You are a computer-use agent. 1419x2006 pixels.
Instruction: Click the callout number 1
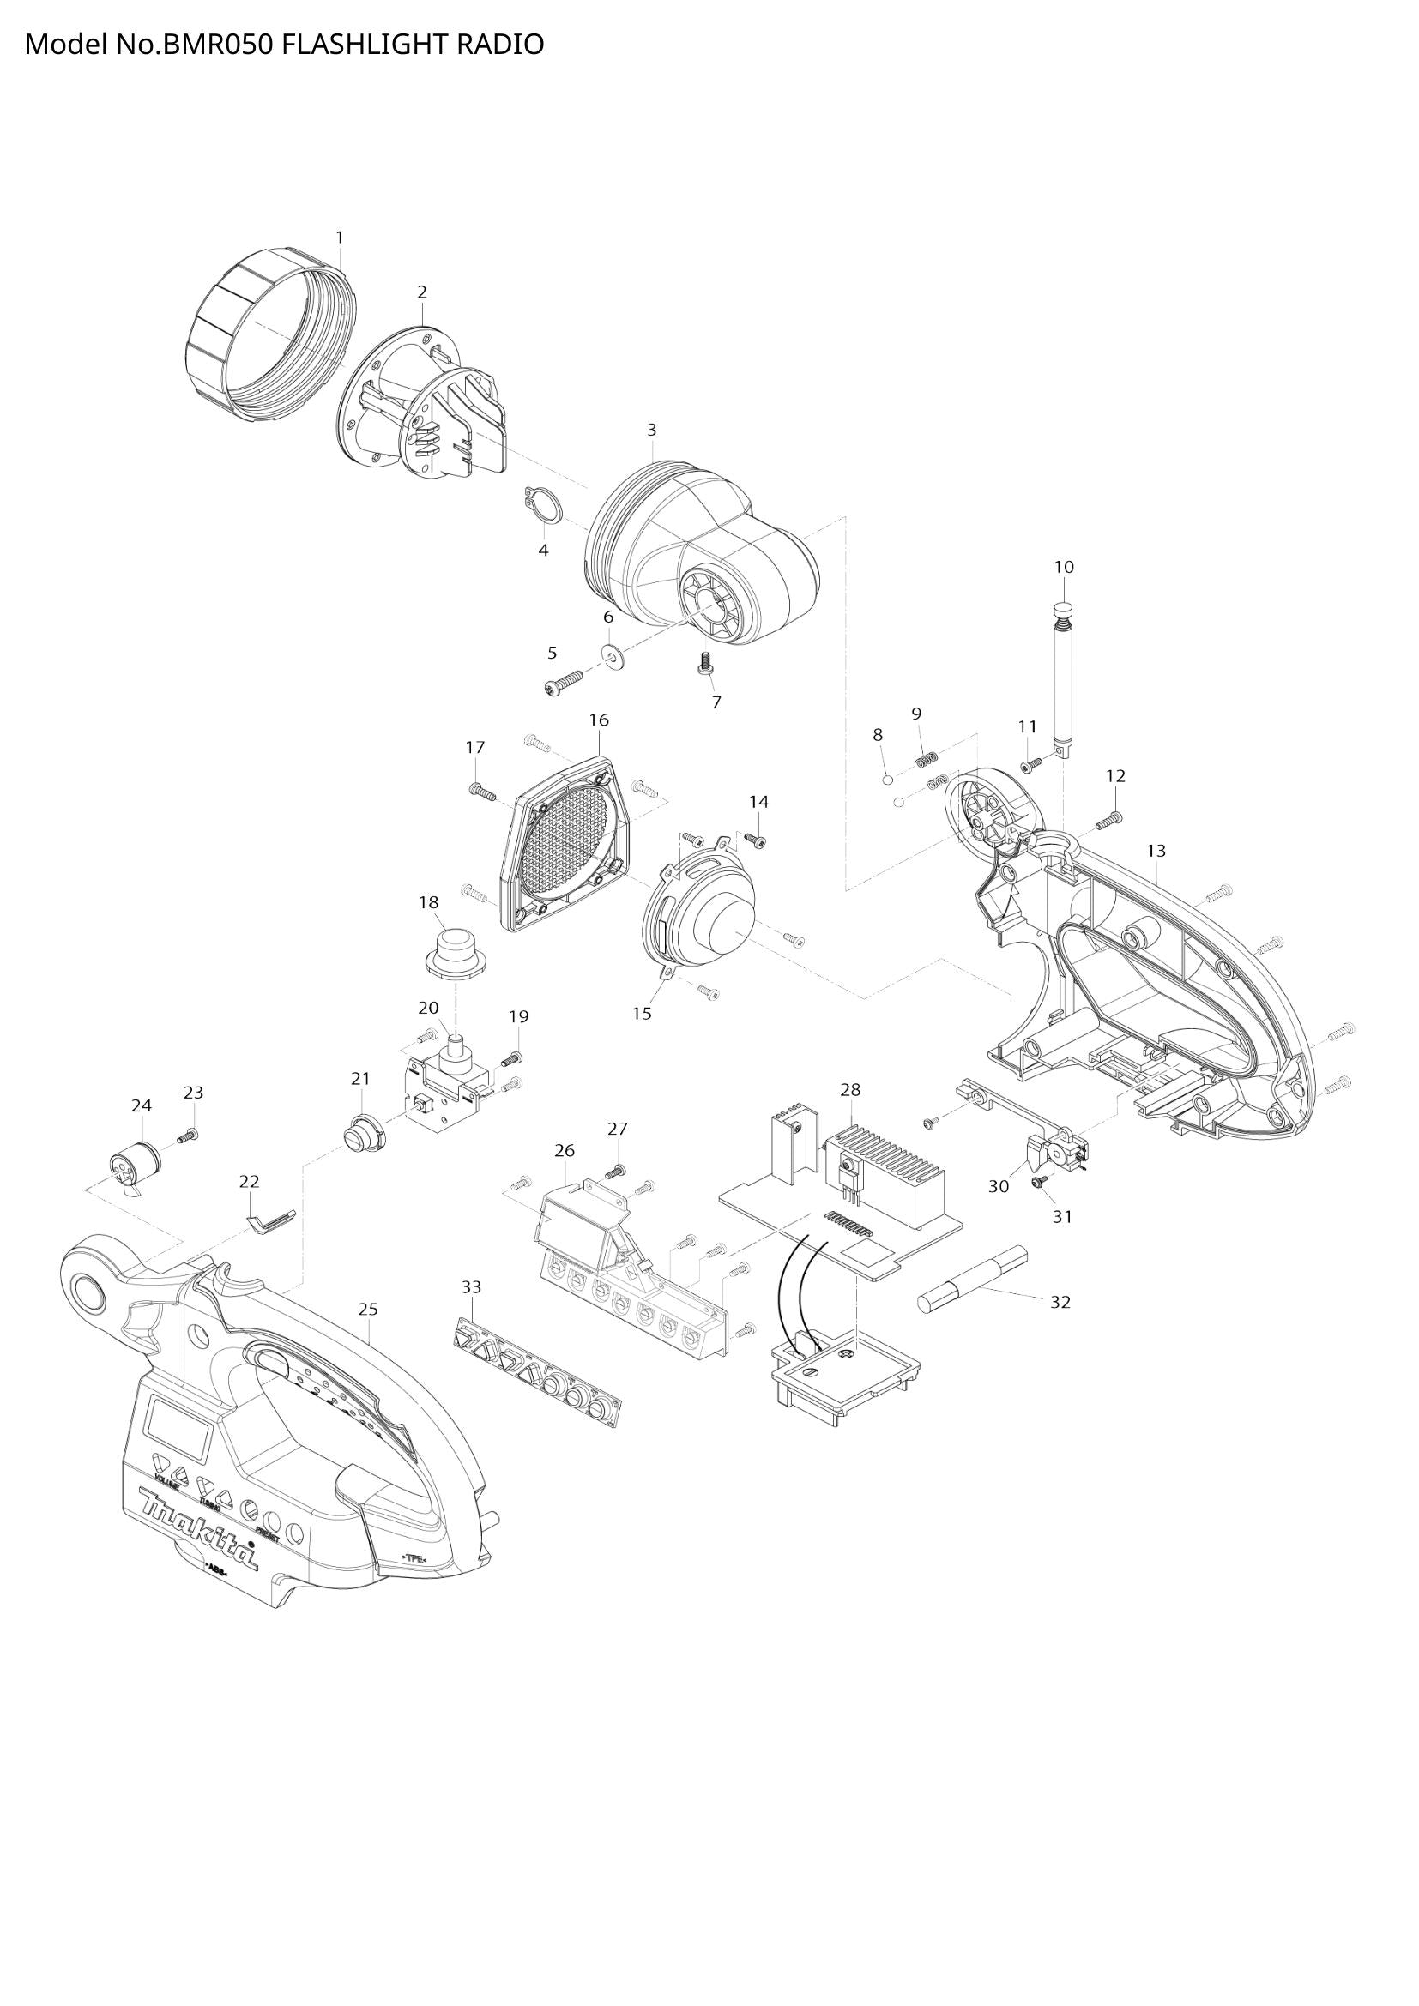pyautogui.click(x=340, y=238)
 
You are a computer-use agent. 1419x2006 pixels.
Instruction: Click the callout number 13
pyautogui.click(x=1156, y=850)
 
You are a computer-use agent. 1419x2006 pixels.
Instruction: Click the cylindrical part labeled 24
pyautogui.click(x=135, y=1165)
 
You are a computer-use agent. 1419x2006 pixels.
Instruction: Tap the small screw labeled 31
pyautogui.click(x=1040, y=1180)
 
